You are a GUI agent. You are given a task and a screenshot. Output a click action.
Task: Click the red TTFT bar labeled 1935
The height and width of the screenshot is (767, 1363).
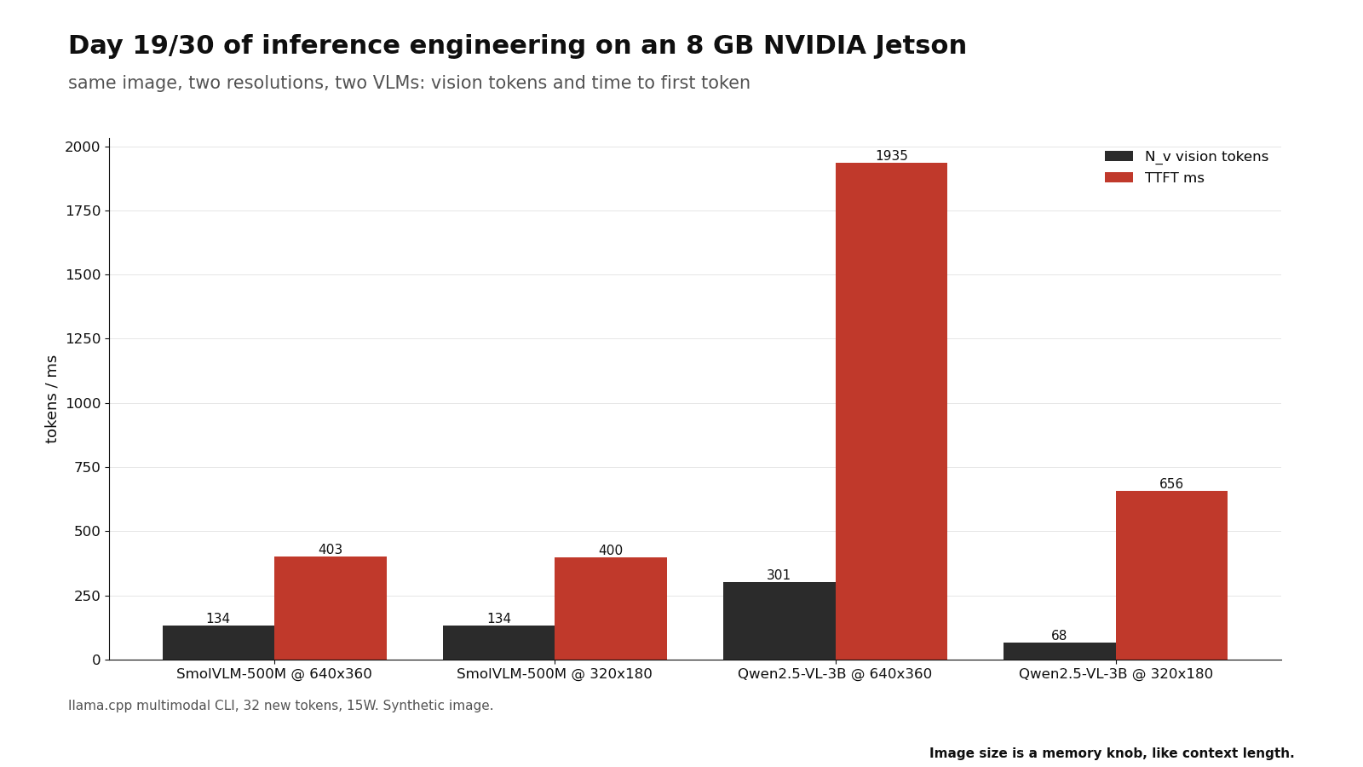(x=891, y=412)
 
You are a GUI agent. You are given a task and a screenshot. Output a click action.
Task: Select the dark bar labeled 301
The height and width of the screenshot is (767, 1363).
(x=779, y=621)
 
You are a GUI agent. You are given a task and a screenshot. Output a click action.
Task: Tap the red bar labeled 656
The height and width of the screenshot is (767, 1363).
(x=1171, y=575)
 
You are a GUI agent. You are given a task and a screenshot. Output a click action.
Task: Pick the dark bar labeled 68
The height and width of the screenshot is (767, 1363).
(x=1060, y=651)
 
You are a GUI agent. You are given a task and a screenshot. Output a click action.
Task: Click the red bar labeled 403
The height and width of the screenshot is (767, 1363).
(x=331, y=608)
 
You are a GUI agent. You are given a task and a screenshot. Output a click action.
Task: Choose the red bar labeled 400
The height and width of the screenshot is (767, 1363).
(x=610, y=608)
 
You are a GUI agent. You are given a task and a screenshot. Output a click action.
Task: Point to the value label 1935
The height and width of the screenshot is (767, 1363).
(x=891, y=156)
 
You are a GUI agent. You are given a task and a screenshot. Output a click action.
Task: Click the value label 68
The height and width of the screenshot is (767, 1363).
(x=1059, y=636)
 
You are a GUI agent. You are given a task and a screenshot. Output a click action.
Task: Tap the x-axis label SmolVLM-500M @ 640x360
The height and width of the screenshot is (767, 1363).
(x=273, y=674)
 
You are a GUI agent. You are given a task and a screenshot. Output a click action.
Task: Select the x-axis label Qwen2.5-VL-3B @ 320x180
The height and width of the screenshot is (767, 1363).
(x=1115, y=674)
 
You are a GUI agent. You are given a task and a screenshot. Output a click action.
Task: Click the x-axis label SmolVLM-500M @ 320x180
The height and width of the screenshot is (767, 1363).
(x=555, y=674)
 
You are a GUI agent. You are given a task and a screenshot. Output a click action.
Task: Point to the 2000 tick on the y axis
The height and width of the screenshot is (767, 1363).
(x=82, y=147)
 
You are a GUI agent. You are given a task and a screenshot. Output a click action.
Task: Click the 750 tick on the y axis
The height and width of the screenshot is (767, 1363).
(x=87, y=468)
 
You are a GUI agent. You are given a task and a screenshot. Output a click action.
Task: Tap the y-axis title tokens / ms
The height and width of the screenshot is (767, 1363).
(x=51, y=400)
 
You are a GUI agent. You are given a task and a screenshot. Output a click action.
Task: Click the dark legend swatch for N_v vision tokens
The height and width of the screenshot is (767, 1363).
(x=1119, y=157)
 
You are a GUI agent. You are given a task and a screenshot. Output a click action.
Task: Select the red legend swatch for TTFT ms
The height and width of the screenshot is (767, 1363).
(x=1119, y=178)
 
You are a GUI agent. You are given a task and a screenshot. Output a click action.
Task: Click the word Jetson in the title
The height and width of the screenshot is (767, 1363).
(x=921, y=46)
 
